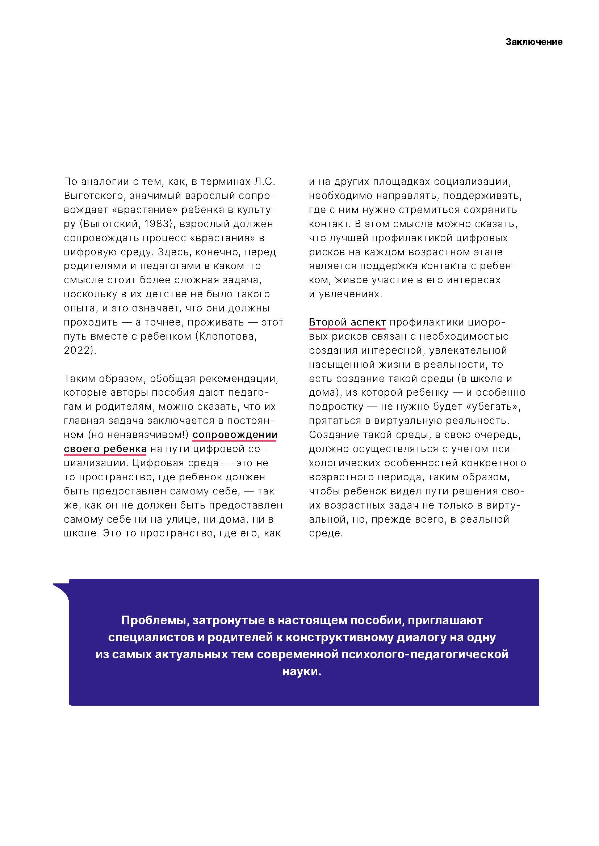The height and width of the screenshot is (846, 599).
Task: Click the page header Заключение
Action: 534,42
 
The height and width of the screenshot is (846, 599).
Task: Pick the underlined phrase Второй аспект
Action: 347,322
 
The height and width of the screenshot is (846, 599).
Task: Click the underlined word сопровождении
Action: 235,435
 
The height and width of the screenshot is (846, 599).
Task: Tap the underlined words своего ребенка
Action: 105,449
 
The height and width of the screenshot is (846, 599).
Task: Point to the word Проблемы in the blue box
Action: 155,621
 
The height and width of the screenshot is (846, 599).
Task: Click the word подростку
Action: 331,407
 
